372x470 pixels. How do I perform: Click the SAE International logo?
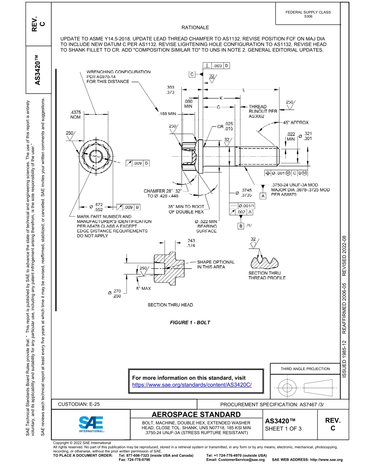pyautogui.click(x=91, y=424)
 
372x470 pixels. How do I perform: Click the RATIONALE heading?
pyautogui.click(x=195, y=27)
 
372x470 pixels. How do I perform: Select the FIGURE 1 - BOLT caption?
pyautogui.click(x=190, y=322)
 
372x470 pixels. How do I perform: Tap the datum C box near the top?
pyautogui.click(x=192, y=74)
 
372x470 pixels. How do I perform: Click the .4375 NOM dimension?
pyautogui.click(x=75, y=114)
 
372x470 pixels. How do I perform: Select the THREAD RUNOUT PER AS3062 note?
pyautogui.click(x=263, y=111)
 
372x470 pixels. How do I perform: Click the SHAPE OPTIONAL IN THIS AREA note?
pyautogui.click(x=215, y=264)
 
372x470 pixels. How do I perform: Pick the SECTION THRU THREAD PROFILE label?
pyautogui.click(x=267, y=275)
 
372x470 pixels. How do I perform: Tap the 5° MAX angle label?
pyautogui.click(x=143, y=288)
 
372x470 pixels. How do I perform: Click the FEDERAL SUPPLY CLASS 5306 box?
pyautogui.click(x=308, y=14)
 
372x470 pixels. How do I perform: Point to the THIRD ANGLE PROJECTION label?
pyautogui.click(x=305, y=369)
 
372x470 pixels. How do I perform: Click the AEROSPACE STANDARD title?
pyautogui.click(x=196, y=414)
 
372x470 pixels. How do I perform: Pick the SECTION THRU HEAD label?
pyautogui.click(x=170, y=305)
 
